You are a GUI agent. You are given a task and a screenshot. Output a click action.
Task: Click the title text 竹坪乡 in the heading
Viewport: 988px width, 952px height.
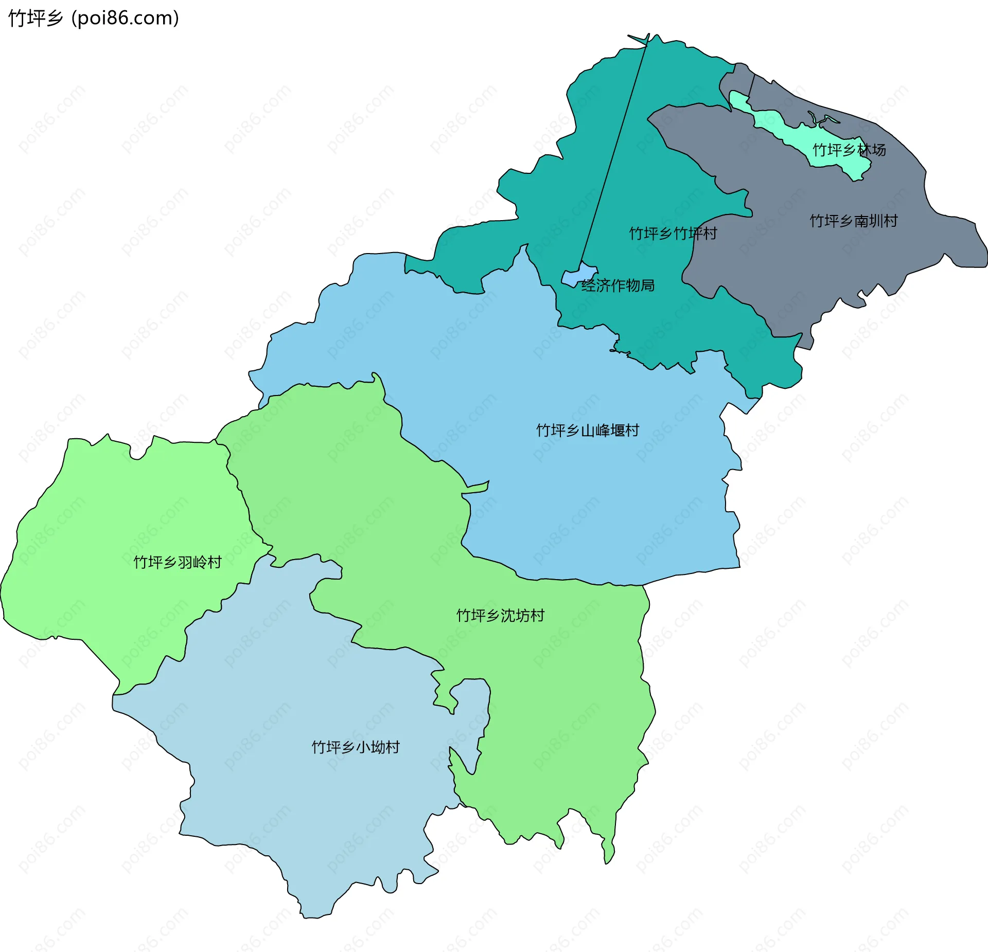35,19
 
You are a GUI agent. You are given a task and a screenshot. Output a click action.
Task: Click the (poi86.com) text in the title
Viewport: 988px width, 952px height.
125,19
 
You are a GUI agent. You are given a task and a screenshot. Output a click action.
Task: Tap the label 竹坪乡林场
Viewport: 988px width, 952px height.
849,150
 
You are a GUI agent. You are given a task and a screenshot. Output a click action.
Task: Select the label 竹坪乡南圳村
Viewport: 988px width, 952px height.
854,221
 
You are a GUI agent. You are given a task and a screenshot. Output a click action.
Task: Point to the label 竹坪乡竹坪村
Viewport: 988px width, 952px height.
673,233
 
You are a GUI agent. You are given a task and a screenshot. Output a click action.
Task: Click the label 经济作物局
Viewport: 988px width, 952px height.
618,285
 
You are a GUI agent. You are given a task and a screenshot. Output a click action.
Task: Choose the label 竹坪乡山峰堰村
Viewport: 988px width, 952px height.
588,430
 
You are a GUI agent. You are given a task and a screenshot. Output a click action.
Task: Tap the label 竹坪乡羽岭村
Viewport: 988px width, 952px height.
178,562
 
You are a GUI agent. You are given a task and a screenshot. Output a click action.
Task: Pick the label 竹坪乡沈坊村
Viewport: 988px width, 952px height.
500,615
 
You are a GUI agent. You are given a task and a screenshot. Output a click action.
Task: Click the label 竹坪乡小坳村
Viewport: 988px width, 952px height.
356,747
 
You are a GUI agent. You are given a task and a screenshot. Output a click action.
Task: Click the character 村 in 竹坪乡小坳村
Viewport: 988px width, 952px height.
393,747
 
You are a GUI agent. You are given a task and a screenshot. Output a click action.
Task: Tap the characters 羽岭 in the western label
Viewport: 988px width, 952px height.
192,562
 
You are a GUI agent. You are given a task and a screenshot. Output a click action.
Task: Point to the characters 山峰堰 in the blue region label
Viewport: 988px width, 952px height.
603,430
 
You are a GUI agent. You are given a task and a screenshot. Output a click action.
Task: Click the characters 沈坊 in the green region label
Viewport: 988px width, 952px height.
515,615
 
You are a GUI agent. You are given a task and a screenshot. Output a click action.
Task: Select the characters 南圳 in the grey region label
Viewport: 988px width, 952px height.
869,221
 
